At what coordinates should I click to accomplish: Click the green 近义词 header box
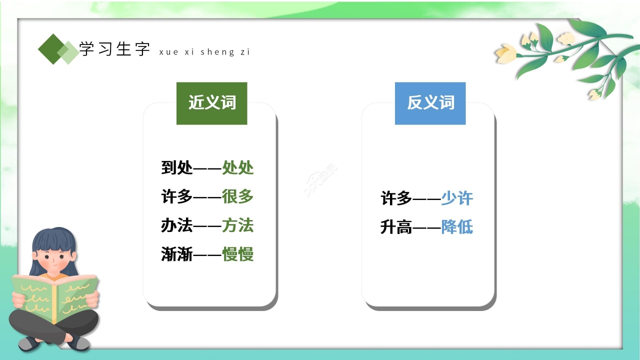(x=211, y=103)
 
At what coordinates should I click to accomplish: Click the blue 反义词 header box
(x=430, y=103)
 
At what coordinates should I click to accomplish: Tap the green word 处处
(x=238, y=167)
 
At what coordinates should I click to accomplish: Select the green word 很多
(x=238, y=196)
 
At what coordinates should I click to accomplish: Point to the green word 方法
(x=238, y=225)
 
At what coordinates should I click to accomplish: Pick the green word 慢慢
(x=238, y=254)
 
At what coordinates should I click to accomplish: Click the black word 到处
(x=176, y=167)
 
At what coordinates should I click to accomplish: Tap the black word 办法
(x=176, y=225)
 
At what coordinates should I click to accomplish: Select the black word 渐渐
(x=176, y=254)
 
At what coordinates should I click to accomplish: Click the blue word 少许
(x=456, y=198)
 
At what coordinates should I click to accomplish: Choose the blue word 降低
(x=456, y=227)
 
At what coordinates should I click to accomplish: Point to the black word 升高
(x=396, y=227)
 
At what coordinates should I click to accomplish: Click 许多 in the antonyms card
(x=396, y=198)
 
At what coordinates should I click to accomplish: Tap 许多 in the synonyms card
(x=176, y=196)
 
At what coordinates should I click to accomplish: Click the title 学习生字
(x=114, y=49)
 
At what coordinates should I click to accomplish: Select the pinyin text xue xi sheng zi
(x=204, y=52)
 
